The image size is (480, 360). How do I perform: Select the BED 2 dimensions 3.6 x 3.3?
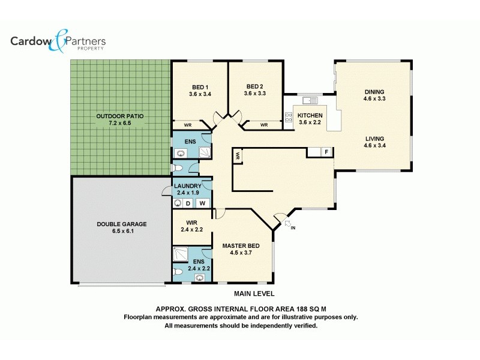(x=255, y=94)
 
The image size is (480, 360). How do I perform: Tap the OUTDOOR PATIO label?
(x=120, y=115)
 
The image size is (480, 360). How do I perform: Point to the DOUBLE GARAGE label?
(x=122, y=224)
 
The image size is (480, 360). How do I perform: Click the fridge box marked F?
(x=326, y=152)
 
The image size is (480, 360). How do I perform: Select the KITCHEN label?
(x=311, y=115)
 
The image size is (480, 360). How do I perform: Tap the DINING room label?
(x=374, y=92)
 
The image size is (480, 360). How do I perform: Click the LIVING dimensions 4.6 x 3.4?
(x=374, y=145)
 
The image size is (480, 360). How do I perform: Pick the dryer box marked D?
(x=187, y=203)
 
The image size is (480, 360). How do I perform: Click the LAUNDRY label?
(x=187, y=186)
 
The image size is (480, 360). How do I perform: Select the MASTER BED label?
(x=241, y=246)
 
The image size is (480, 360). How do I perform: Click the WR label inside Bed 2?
(x=264, y=125)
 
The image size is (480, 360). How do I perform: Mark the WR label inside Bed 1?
(x=187, y=125)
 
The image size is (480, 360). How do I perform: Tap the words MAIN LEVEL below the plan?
(x=254, y=294)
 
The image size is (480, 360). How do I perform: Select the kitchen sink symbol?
(x=310, y=100)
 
